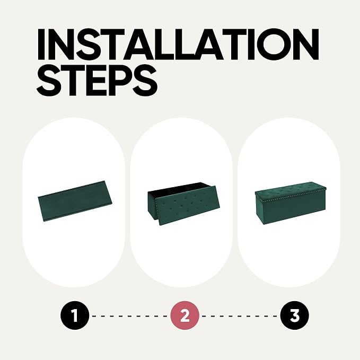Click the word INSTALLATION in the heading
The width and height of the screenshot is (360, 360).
click(178, 45)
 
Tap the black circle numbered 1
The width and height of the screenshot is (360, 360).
click(75, 315)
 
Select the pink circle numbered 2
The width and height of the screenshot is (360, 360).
click(185, 315)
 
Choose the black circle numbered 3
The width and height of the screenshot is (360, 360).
click(295, 315)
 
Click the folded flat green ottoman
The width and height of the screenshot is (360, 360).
click(75, 201)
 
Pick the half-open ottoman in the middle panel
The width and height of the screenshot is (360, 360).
click(183, 204)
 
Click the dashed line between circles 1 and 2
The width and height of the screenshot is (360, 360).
click(129, 316)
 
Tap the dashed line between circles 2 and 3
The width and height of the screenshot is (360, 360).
click(240, 316)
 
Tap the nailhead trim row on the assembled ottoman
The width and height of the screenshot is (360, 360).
click(294, 196)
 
